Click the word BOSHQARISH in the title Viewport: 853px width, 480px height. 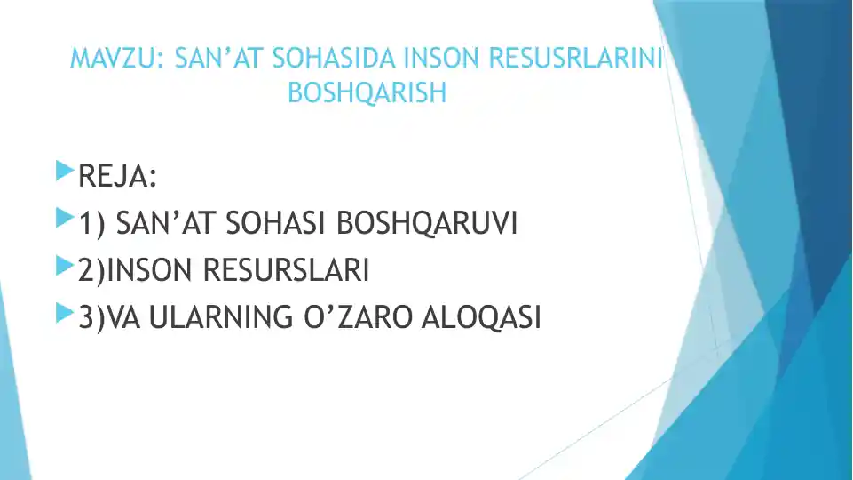pyautogui.click(x=367, y=92)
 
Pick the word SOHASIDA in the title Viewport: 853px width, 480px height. pyautogui.click(x=335, y=59)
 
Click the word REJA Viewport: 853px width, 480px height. pyautogui.click(x=116, y=176)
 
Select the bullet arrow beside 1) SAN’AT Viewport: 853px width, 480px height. pyautogui.click(x=63, y=217)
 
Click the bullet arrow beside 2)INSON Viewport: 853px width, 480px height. pyautogui.click(x=63, y=265)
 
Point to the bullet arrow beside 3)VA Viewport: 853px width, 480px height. pyautogui.click(x=63, y=313)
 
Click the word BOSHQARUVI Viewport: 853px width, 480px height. pyautogui.click(x=427, y=224)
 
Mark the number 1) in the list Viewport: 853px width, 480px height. pyautogui.click(x=92, y=224)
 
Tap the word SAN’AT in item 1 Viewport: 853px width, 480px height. pyautogui.click(x=167, y=224)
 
